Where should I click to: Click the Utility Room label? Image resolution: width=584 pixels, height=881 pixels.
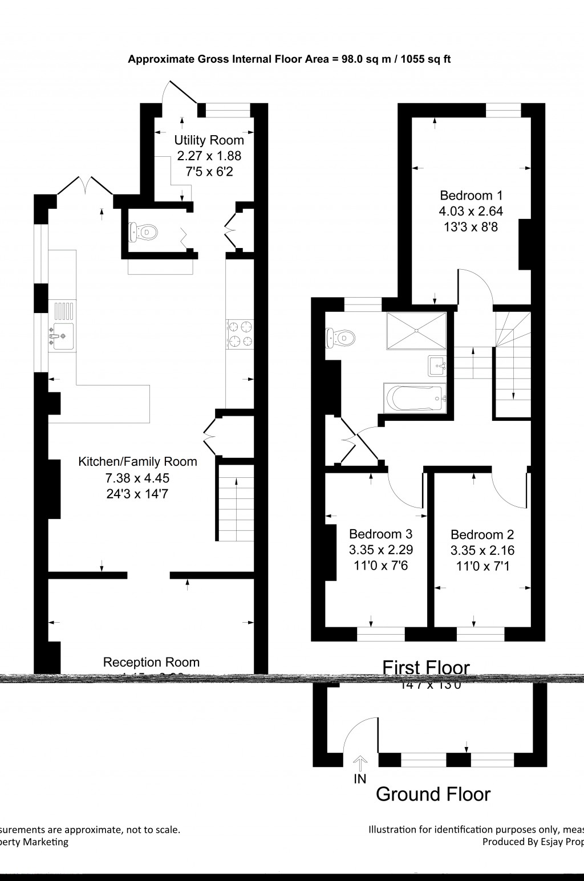click(x=209, y=140)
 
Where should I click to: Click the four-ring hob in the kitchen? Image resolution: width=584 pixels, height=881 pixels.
click(x=240, y=334)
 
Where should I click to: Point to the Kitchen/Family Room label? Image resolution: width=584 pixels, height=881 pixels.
click(x=137, y=461)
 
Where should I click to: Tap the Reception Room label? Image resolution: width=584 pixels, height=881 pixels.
click(x=151, y=662)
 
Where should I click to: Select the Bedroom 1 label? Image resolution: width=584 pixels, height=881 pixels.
click(x=471, y=195)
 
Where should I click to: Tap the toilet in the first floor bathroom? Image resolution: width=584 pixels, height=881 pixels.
click(x=339, y=338)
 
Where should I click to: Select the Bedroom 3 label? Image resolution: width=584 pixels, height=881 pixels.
click(x=380, y=534)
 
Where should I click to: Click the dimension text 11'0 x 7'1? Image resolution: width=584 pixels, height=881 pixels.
click(x=482, y=566)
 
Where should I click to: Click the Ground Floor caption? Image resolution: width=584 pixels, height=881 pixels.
click(x=433, y=794)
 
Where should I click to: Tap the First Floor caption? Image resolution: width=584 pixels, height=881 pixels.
click(x=425, y=667)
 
